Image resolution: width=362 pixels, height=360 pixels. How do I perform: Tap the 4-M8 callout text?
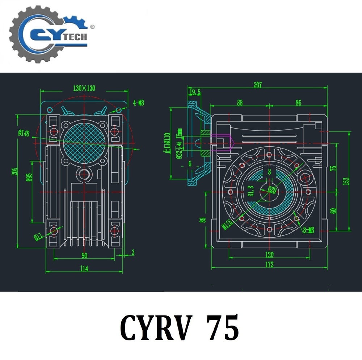point(138,103)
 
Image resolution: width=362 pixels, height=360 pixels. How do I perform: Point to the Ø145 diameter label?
point(24,133)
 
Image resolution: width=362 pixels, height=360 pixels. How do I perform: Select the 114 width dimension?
point(84,268)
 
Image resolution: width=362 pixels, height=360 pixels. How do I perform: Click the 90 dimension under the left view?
point(84,256)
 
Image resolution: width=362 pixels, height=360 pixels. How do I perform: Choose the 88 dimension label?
point(239,103)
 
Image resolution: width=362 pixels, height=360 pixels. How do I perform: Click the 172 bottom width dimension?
point(269,265)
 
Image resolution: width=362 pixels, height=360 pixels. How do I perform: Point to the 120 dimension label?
point(269,255)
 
